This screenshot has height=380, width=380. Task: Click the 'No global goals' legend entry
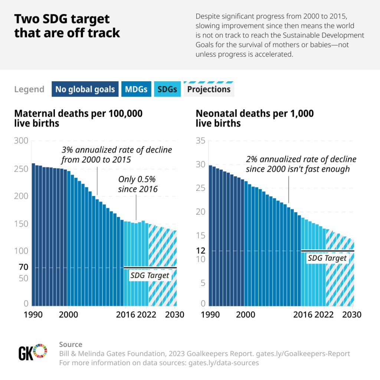point(85,89)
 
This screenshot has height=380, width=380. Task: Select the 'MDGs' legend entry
point(136,89)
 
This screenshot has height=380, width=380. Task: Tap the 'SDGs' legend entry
point(167,89)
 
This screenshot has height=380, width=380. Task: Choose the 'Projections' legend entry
point(209,89)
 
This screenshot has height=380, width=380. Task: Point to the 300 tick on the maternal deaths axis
point(21,141)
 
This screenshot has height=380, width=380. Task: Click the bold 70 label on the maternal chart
point(23,267)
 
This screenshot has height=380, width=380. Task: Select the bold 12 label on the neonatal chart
point(200,251)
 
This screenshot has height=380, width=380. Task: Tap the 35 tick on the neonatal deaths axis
point(200,141)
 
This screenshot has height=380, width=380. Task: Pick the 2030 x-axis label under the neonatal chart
point(351,315)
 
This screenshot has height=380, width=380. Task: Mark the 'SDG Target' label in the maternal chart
point(150,275)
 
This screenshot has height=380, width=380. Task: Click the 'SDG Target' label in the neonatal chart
point(327,258)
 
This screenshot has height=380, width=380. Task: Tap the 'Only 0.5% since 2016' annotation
point(138,184)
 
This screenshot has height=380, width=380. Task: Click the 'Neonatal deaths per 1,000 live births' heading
point(255,118)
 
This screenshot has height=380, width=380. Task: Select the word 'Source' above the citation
point(71,344)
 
